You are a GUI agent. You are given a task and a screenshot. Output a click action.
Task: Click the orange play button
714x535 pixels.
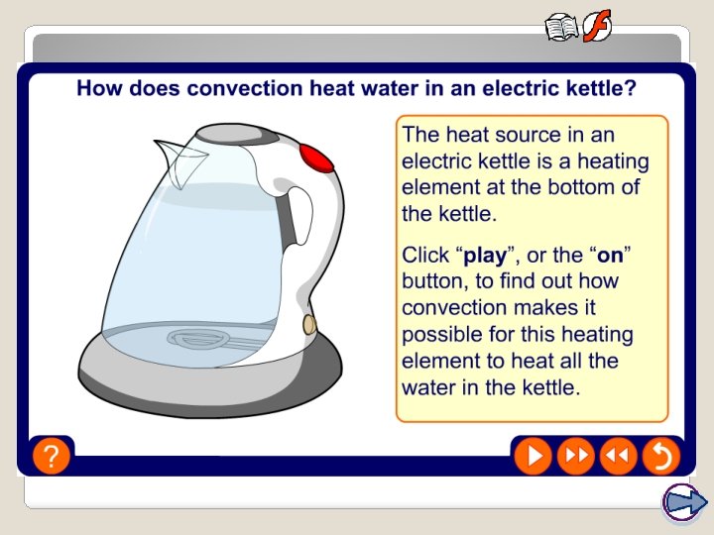point(534,456)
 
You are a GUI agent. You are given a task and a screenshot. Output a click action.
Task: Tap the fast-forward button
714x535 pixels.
point(575,456)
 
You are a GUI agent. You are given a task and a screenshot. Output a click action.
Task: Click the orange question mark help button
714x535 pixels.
point(51,456)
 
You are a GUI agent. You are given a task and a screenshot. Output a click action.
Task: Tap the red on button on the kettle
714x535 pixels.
point(315,157)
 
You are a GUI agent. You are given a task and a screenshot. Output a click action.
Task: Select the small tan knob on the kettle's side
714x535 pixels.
point(308,324)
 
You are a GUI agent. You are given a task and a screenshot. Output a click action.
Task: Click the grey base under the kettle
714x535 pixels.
point(149,372)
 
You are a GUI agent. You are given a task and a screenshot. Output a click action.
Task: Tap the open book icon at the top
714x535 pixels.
point(561,27)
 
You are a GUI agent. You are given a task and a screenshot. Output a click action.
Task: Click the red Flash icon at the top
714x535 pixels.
point(597,26)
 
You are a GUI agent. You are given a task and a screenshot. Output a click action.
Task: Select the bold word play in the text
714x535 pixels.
point(485,256)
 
